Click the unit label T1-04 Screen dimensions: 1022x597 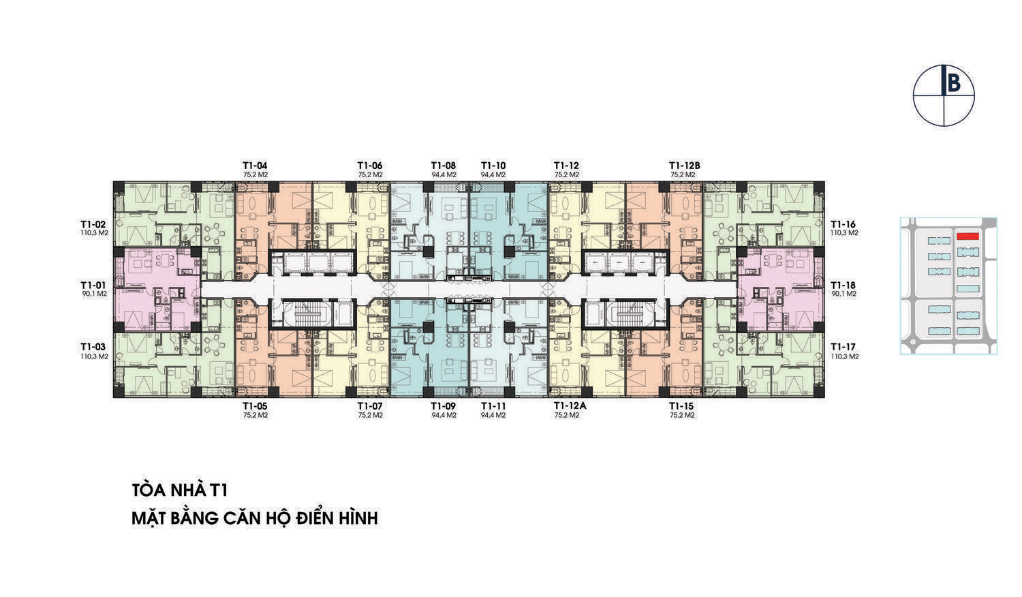255,166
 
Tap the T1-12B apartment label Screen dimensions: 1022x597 684,166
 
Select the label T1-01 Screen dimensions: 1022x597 93,286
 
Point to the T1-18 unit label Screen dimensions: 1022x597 843,286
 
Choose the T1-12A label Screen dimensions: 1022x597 570,406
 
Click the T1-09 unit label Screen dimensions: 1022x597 444,406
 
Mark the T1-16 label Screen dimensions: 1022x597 843,225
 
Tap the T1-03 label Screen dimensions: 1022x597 93,347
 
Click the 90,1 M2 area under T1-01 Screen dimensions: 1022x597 95,294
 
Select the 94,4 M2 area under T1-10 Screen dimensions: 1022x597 493,175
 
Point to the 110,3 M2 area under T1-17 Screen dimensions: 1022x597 845,356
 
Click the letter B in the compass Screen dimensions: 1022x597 954,84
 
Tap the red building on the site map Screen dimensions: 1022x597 967,236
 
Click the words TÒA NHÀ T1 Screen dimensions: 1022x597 179,490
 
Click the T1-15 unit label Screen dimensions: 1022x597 681,406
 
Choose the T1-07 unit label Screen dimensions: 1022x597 370,406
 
